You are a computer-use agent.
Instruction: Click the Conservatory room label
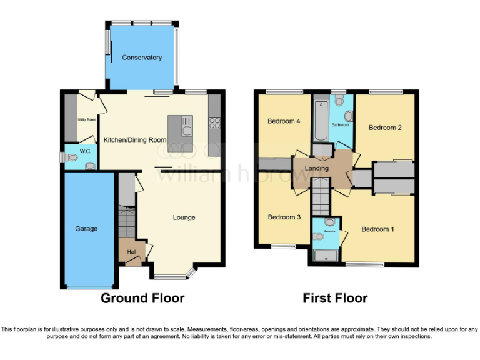point(142,57)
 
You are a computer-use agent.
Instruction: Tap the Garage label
point(86,229)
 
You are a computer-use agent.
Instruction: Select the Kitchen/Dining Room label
point(135,140)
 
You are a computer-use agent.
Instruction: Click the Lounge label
point(184,217)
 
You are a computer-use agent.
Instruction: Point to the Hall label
point(132,252)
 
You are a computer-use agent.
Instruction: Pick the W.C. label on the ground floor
point(85,151)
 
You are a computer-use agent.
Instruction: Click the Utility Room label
point(86,119)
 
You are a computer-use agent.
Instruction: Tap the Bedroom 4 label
point(281,121)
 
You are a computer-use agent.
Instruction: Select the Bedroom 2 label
point(385,127)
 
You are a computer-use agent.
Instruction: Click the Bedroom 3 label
point(284,217)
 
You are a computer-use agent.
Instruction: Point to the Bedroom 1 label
point(378,229)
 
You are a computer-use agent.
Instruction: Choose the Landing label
point(317,169)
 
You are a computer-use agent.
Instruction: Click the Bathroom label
point(340,125)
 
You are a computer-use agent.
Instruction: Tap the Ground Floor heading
point(142,298)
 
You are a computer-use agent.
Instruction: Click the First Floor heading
point(335,298)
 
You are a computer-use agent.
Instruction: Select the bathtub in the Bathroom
point(321,119)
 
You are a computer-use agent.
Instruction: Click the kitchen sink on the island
point(186,130)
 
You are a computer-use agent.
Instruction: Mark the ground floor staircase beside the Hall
point(127,221)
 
